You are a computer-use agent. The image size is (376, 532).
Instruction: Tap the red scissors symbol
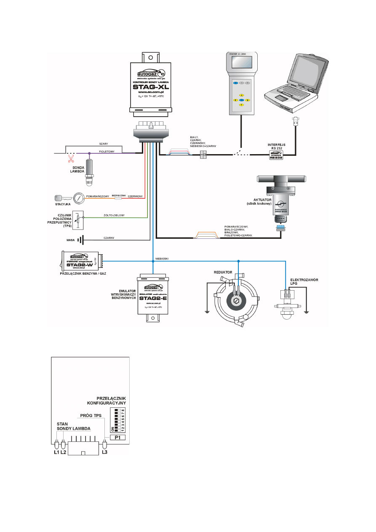point(70,159)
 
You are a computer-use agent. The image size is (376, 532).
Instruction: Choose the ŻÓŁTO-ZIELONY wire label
point(114,215)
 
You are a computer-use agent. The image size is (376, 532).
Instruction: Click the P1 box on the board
point(118,437)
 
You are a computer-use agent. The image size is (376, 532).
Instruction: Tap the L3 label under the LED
point(105,453)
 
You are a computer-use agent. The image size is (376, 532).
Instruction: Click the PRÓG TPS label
point(91,414)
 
